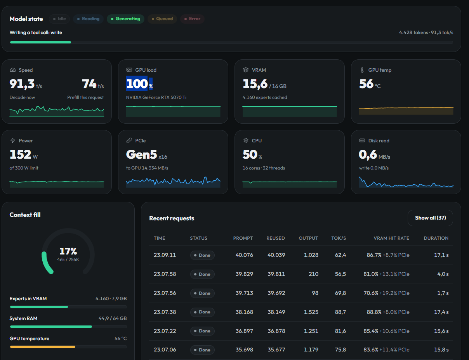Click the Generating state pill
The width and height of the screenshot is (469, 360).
[x=125, y=19]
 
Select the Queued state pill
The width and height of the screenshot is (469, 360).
[x=162, y=19]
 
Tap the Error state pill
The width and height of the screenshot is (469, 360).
[x=192, y=19]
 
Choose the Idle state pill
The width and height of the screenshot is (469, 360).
[x=59, y=19]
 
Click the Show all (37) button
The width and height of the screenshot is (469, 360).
[x=430, y=218]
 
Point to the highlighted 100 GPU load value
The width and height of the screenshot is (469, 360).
[x=137, y=84]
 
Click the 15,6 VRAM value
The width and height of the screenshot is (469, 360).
[x=255, y=84]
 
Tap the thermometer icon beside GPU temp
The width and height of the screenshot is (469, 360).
[x=362, y=70]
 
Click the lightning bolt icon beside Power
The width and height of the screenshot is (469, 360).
[x=13, y=140]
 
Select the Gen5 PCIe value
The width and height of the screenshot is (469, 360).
[x=142, y=154]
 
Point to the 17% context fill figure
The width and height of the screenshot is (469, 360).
[x=68, y=251]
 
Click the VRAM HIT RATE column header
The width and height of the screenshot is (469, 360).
[x=391, y=238]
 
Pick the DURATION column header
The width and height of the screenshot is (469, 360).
[x=436, y=238]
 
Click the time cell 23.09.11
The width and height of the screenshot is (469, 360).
[x=165, y=255]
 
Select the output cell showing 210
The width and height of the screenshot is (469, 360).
[x=313, y=274]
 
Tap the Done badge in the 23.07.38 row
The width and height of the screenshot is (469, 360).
[x=202, y=312]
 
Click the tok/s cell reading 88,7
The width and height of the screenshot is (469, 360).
[x=340, y=312]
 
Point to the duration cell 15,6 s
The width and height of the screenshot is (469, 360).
[x=441, y=331]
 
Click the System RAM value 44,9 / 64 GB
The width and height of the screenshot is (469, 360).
[x=113, y=318]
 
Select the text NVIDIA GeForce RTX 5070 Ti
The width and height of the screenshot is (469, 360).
[x=156, y=97]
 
